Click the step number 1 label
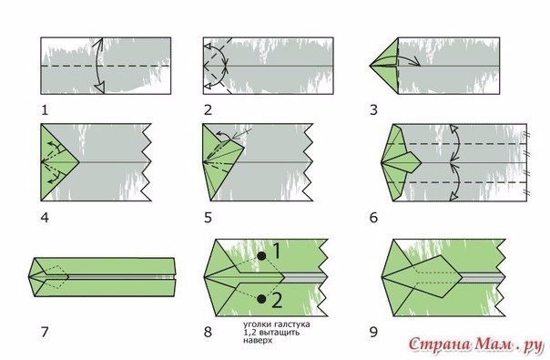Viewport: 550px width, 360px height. [x=45, y=110]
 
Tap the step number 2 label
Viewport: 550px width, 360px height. [x=208, y=110]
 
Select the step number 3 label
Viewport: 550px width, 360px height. [x=373, y=110]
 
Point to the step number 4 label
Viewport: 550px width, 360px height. [x=45, y=218]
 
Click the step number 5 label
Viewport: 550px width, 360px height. [x=208, y=218]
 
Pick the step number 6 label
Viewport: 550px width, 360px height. [x=373, y=218]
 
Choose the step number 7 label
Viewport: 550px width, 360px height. [x=45, y=332]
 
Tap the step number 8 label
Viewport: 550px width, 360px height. [x=208, y=332]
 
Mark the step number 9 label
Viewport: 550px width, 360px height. [x=373, y=332]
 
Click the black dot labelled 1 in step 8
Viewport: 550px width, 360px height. [x=261, y=256]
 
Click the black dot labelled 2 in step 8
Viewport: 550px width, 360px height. [x=261, y=299]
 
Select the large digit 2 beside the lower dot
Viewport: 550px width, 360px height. [x=277, y=301]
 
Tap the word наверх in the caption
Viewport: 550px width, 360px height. [x=258, y=340]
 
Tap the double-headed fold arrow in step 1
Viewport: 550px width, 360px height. [x=99, y=66]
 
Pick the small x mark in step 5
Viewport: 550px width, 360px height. [x=248, y=131]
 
